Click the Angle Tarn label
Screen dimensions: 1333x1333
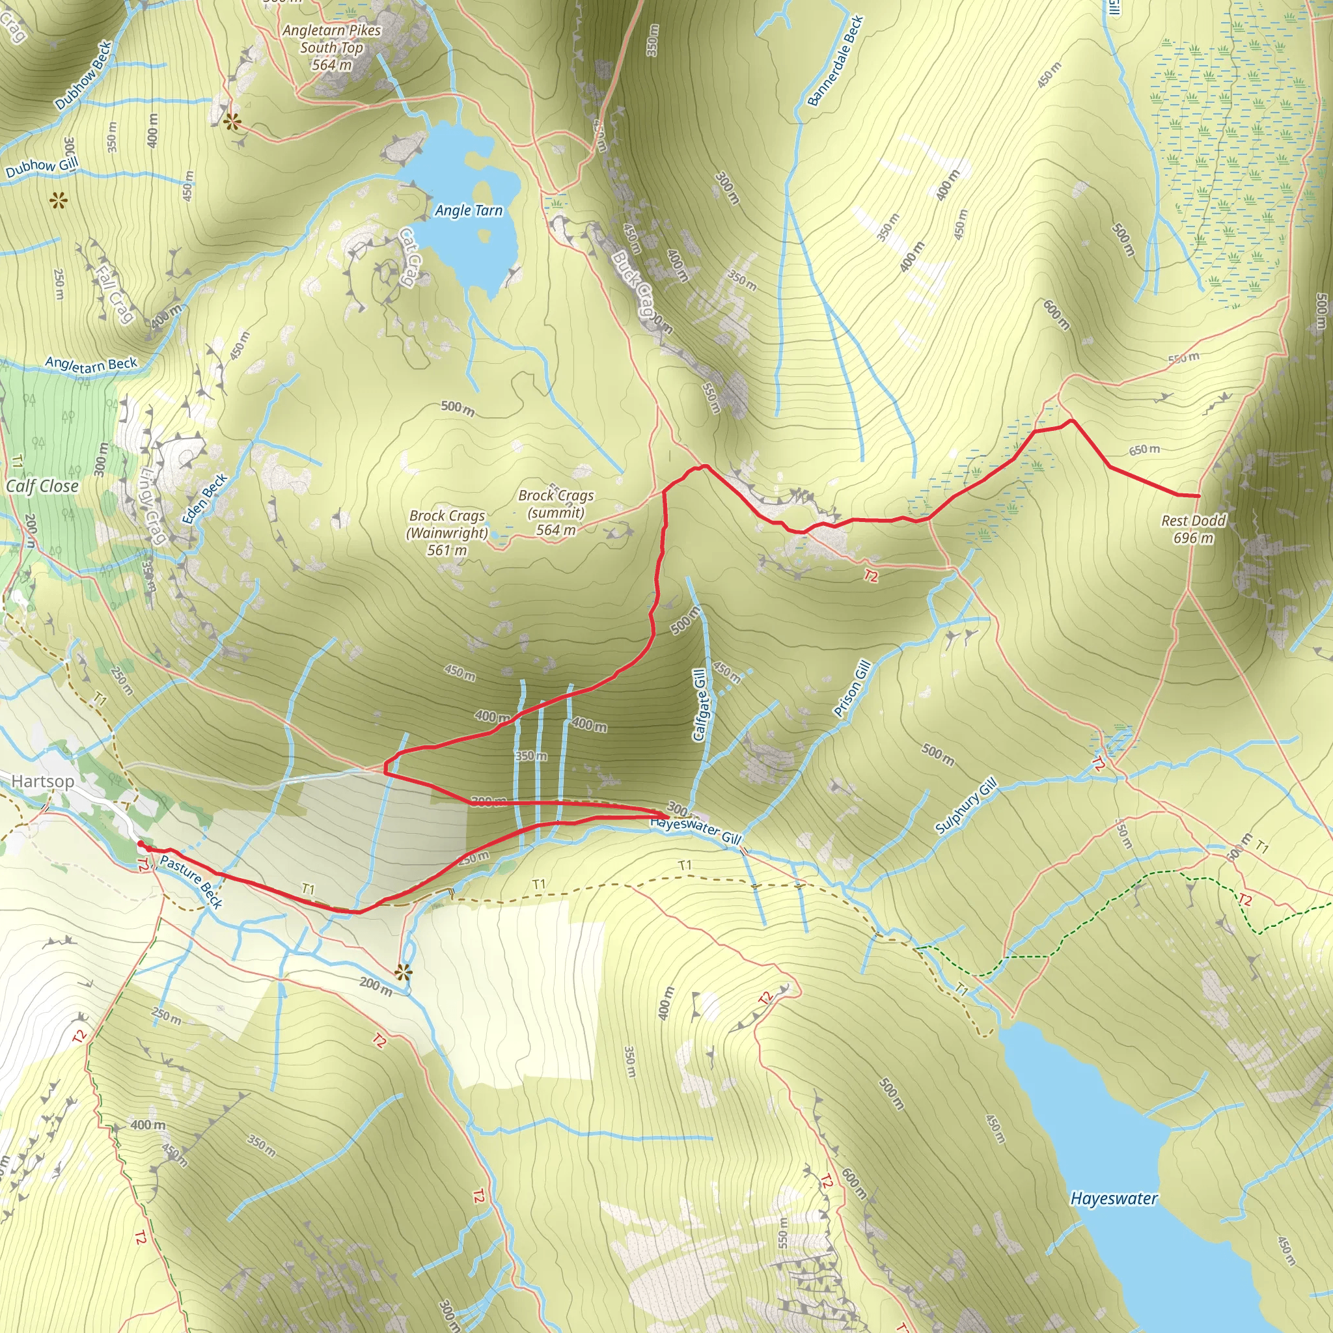469,210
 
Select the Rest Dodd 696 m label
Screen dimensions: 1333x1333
1194,529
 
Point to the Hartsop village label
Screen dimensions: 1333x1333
43,781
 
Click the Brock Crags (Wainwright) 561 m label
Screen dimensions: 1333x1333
447,532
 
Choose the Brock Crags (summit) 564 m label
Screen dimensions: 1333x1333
555,513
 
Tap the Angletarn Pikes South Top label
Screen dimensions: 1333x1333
332,48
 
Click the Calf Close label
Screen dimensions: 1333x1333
42,486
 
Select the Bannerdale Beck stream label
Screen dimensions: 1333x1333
836,61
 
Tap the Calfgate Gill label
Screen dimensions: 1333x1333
700,704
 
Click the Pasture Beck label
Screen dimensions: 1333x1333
191,882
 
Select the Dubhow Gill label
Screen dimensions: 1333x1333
42,167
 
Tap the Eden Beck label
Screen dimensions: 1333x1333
206,498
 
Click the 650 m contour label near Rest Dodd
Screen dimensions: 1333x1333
1144,450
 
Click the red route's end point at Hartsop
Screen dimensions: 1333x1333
140,843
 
